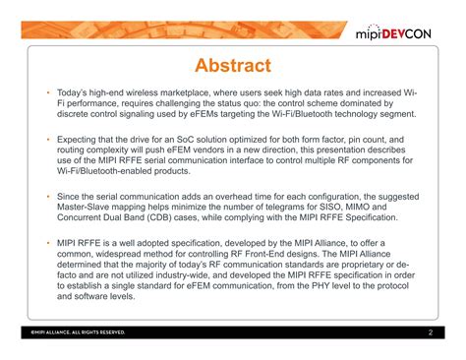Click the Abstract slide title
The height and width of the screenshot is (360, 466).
click(x=233, y=66)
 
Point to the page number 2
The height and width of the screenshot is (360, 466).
click(x=431, y=332)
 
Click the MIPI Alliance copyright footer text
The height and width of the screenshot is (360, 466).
click(x=78, y=333)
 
